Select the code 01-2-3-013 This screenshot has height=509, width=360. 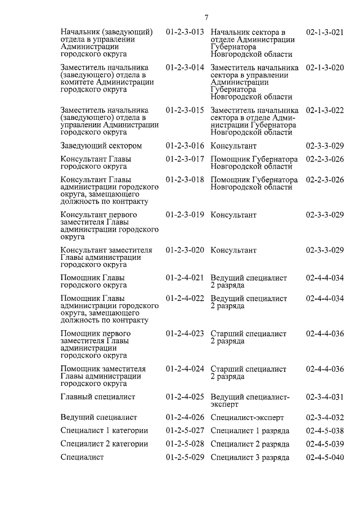click(x=184, y=32)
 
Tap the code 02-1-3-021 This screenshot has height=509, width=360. click(x=325, y=32)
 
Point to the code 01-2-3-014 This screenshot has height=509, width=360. click(x=184, y=67)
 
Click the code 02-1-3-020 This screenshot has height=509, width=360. click(x=325, y=67)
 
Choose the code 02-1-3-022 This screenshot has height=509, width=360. click(x=325, y=110)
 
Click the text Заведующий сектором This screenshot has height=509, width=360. click(x=101, y=146)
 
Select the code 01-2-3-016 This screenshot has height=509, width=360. click(x=184, y=146)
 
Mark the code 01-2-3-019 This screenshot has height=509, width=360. click(x=184, y=215)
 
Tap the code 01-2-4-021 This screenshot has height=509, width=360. click(x=184, y=278)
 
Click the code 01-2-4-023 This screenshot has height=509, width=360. click(x=184, y=334)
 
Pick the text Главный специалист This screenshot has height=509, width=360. click(x=98, y=397)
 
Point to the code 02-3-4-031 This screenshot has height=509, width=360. click(x=325, y=397)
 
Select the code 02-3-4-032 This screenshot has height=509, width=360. click(x=325, y=417)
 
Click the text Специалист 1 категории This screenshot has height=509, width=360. click(x=105, y=431)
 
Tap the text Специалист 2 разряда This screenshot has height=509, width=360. click(x=250, y=444)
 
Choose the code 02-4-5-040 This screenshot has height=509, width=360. click(x=325, y=457)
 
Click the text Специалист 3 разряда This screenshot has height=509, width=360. click(x=250, y=457)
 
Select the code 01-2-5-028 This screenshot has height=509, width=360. click(x=184, y=444)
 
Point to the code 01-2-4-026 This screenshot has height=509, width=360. click(x=184, y=417)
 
